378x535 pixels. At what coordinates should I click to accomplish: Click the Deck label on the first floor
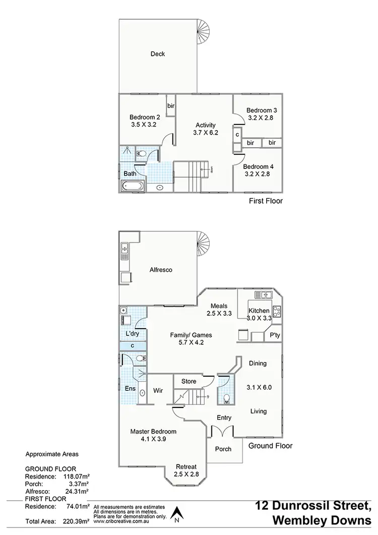tap(158, 54)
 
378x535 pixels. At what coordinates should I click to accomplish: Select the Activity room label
tap(205, 125)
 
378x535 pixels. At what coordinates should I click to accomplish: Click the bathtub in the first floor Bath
tap(133, 187)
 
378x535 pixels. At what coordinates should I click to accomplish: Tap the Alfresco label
tap(161, 270)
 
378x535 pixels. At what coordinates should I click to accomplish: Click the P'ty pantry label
tap(275, 335)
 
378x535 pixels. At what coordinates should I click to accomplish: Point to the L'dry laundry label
tap(132, 334)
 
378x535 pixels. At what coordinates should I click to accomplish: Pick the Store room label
tap(188, 381)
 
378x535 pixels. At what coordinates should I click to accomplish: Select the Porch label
tap(223, 449)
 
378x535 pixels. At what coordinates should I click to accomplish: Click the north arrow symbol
tap(176, 515)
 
